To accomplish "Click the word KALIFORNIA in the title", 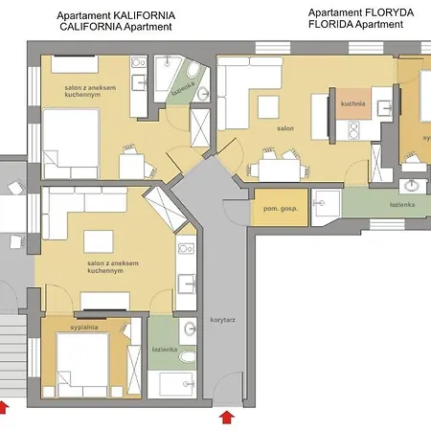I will click(144, 16).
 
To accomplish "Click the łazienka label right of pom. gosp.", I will click(401, 204).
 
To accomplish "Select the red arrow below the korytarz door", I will click(227, 416).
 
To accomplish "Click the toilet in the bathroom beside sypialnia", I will click(189, 359).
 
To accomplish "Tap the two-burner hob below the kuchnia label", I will click(350, 125).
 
